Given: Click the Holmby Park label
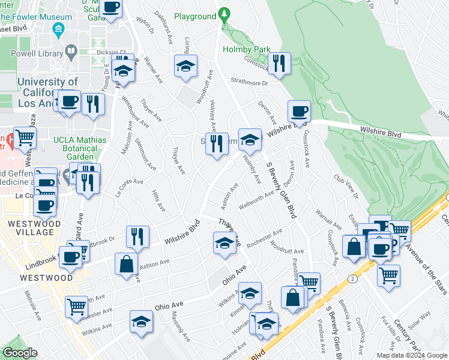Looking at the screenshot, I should pos(247,49).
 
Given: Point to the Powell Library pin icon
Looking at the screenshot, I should pos(71,52).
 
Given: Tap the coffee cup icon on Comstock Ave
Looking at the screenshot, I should pos(298,111).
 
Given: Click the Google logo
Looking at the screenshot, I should pos(20,353).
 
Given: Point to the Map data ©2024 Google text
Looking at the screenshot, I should pos(411,355).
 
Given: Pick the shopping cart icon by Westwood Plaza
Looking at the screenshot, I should pos(25,138).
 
